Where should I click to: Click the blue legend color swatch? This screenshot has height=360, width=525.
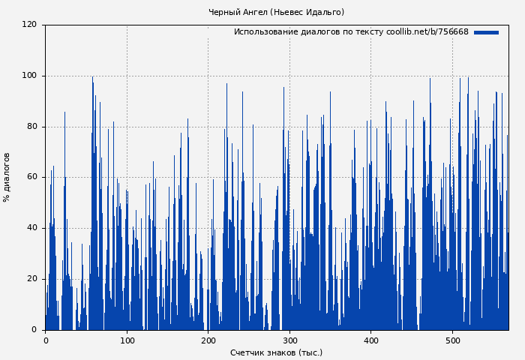(486, 32)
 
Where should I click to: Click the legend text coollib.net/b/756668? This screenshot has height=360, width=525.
(427, 32)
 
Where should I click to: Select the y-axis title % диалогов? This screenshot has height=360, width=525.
(7, 177)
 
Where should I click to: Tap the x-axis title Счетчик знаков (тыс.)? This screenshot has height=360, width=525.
(276, 352)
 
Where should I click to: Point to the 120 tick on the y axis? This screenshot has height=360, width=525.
(29, 25)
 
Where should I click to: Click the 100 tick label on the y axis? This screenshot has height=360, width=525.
(29, 76)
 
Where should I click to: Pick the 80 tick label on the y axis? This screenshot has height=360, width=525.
(31, 127)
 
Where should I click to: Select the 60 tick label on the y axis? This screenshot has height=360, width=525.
(31, 177)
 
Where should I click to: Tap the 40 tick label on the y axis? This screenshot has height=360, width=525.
(31, 228)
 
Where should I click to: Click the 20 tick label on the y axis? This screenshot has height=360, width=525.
(31, 279)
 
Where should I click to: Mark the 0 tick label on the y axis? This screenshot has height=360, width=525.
(34, 329)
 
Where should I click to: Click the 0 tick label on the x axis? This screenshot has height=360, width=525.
(45, 340)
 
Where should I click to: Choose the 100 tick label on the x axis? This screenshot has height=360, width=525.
(127, 340)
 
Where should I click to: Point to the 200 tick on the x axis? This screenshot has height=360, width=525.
(208, 340)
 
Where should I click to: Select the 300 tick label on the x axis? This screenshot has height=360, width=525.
(289, 340)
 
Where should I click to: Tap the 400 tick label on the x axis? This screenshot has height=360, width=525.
(370, 340)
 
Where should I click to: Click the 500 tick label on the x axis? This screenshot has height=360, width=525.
(452, 340)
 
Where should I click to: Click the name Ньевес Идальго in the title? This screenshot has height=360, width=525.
(307, 12)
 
